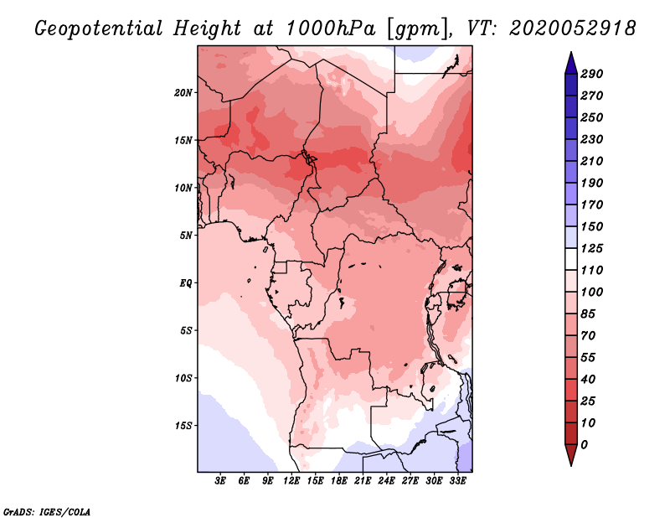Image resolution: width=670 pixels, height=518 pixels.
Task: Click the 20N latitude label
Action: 183,93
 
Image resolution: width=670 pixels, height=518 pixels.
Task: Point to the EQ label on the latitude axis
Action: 186,283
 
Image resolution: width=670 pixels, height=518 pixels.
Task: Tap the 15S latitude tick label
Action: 183,426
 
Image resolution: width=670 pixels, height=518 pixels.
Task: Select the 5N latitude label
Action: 186,236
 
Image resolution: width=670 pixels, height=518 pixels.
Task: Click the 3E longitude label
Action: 220,481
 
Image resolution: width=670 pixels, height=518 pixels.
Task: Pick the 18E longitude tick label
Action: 339,481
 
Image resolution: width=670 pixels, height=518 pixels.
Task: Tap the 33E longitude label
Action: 457,481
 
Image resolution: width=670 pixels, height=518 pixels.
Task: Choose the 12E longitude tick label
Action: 291,481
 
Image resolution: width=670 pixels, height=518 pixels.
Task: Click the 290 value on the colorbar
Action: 591,74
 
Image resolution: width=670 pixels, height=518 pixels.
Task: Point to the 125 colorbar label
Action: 591,248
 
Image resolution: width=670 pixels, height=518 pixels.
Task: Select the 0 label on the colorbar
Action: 584,445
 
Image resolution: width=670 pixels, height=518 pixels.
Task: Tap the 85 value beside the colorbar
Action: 588,314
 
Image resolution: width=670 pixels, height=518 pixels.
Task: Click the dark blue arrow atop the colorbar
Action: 571,63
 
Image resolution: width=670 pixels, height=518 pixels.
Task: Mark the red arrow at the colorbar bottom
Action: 571,455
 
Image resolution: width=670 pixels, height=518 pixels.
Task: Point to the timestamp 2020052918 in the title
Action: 573,28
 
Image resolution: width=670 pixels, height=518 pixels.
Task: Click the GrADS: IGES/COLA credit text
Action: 47,512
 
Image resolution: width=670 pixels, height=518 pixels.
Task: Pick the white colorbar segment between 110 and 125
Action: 571,259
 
